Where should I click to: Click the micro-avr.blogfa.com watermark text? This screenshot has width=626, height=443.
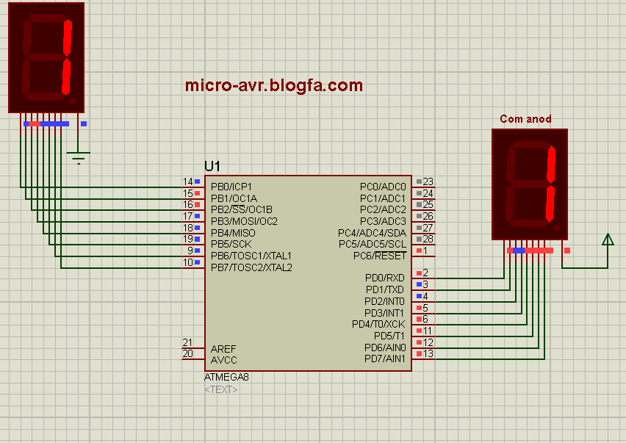click(x=274, y=86)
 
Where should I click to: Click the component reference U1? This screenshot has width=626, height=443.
click(x=212, y=166)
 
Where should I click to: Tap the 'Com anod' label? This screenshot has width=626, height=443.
click(x=525, y=119)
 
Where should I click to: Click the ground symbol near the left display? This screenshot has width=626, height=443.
click(x=78, y=157)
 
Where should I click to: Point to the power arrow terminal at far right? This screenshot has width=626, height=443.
click(x=608, y=239)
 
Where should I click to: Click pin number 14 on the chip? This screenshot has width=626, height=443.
click(x=188, y=181)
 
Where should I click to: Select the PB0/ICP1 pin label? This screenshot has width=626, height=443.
click(x=231, y=187)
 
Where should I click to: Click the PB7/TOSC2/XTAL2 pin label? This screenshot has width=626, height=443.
click(x=251, y=267)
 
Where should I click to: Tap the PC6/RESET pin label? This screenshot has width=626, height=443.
click(x=379, y=256)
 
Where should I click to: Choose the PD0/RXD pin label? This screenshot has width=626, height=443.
click(x=384, y=278)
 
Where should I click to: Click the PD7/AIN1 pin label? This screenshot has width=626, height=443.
click(x=384, y=359)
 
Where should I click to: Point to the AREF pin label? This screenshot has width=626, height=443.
click(x=223, y=348)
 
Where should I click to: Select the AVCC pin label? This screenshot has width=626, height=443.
click(x=223, y=360)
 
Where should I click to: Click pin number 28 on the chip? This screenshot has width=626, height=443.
click(x=428, y=239)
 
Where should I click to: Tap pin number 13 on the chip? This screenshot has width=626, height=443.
click(x=428, y=354)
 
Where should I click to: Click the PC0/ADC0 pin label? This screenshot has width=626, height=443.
click(x=382, y=187)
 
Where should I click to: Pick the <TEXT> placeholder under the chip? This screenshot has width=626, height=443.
click(x=221, y=389)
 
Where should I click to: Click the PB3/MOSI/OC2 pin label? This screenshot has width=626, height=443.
click(x=244, y=221)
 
